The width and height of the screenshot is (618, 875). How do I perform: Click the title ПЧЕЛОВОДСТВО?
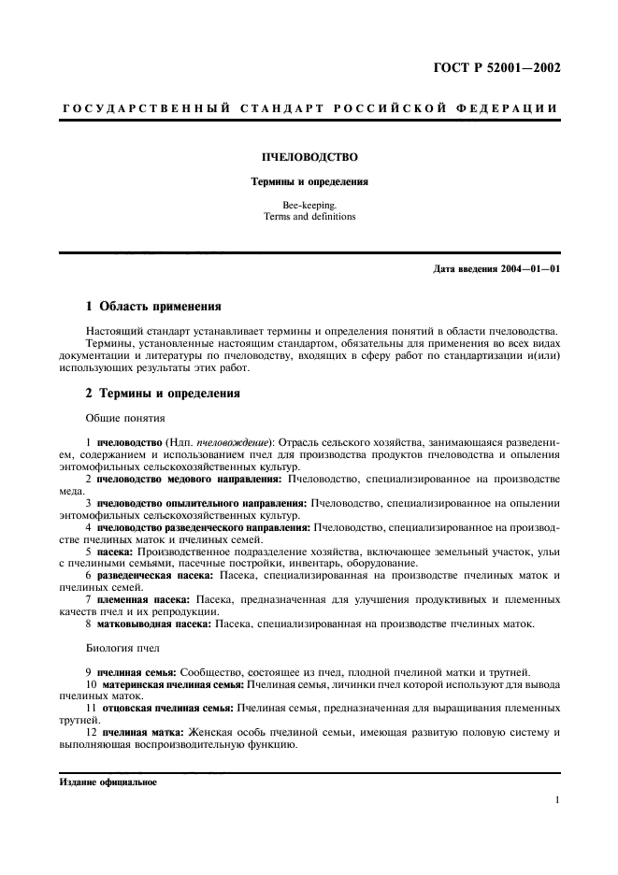coord(309,158)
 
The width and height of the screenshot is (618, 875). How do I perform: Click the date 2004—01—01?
coord(526,270)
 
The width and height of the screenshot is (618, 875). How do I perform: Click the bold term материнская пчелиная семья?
coord(175,684)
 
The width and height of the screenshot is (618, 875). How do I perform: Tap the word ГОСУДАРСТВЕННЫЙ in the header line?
coord(147,108)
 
